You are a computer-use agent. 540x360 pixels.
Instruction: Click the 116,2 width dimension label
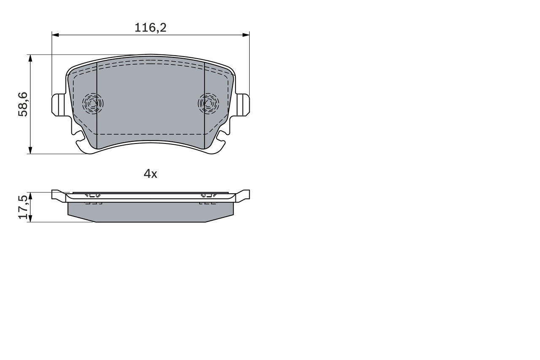tap(150, 28)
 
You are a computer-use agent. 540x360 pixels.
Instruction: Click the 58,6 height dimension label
tap(23, 104)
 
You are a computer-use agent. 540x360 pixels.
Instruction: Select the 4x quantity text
tap(150, 173)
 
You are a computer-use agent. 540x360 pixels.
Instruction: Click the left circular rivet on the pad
tap(93, 103)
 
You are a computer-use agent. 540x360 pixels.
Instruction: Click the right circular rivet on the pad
tap(208, 103)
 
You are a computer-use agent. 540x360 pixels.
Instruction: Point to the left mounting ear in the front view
tap(58, 105)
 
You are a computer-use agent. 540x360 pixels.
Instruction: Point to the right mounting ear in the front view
tap(243, 105)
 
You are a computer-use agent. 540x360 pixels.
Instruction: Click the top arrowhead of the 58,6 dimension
tap(30, 57)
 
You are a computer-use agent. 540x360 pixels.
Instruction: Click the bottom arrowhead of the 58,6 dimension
tap(30, 151)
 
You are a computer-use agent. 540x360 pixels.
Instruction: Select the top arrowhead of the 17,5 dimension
tap(30, 195)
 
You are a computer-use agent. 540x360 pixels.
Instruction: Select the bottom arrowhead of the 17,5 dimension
tap(30, 219)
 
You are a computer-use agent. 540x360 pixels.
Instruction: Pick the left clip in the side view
tap(92, 196)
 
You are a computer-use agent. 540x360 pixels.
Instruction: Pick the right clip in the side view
tap(208, 196)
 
